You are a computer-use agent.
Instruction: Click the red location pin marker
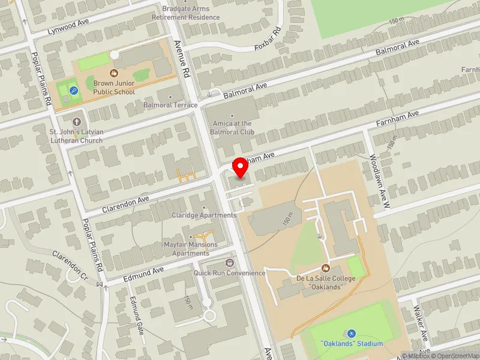241,169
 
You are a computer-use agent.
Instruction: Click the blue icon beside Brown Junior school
73,91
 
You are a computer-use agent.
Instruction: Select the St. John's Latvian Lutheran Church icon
76,122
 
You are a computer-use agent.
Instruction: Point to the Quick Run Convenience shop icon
229,263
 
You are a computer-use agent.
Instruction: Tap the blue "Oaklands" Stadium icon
351,334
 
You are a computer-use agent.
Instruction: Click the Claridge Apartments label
204,215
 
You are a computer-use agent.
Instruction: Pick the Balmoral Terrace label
170,105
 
